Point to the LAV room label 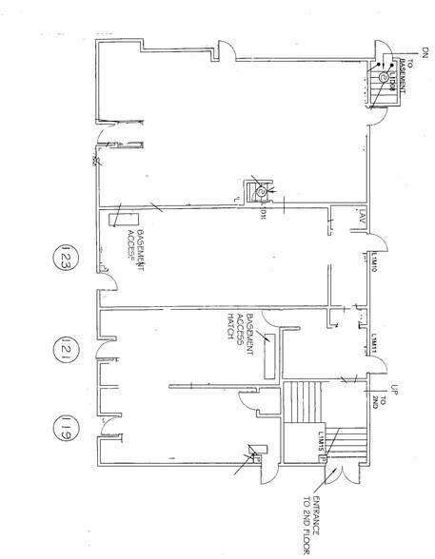click(363, 215)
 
